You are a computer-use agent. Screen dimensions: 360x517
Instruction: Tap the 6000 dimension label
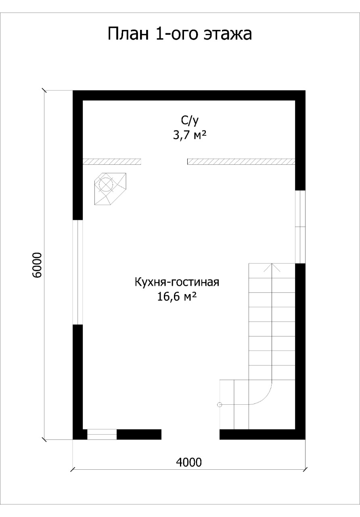click(37, 265)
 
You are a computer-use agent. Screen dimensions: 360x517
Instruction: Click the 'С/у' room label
click(190, 120)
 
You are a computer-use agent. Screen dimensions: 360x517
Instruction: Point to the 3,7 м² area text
click(189, 135)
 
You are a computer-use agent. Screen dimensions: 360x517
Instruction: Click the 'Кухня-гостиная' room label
click(177, 282)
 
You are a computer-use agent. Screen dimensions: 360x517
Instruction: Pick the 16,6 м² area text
click(177, 296)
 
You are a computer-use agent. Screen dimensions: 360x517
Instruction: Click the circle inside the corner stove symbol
click(106, 185)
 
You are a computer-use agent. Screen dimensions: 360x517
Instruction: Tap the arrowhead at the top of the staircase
click(272, 267)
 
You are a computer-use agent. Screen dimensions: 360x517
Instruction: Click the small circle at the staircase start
click(220, 404)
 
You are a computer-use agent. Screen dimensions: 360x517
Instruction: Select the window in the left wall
click(78, 272)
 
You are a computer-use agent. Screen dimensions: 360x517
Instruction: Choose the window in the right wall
click(300, 227)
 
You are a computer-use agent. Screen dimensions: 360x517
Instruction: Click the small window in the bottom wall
click(102, 434)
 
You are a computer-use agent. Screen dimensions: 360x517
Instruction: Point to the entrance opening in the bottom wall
click(190, 434)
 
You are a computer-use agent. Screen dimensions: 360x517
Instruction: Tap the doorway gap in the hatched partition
click(164, 162)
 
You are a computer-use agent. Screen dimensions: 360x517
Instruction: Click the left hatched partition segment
click(112, 162)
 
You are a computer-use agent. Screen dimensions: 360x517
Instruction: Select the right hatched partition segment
click(241, 162)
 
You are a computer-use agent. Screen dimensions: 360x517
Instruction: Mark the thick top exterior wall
click(189, 95)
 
